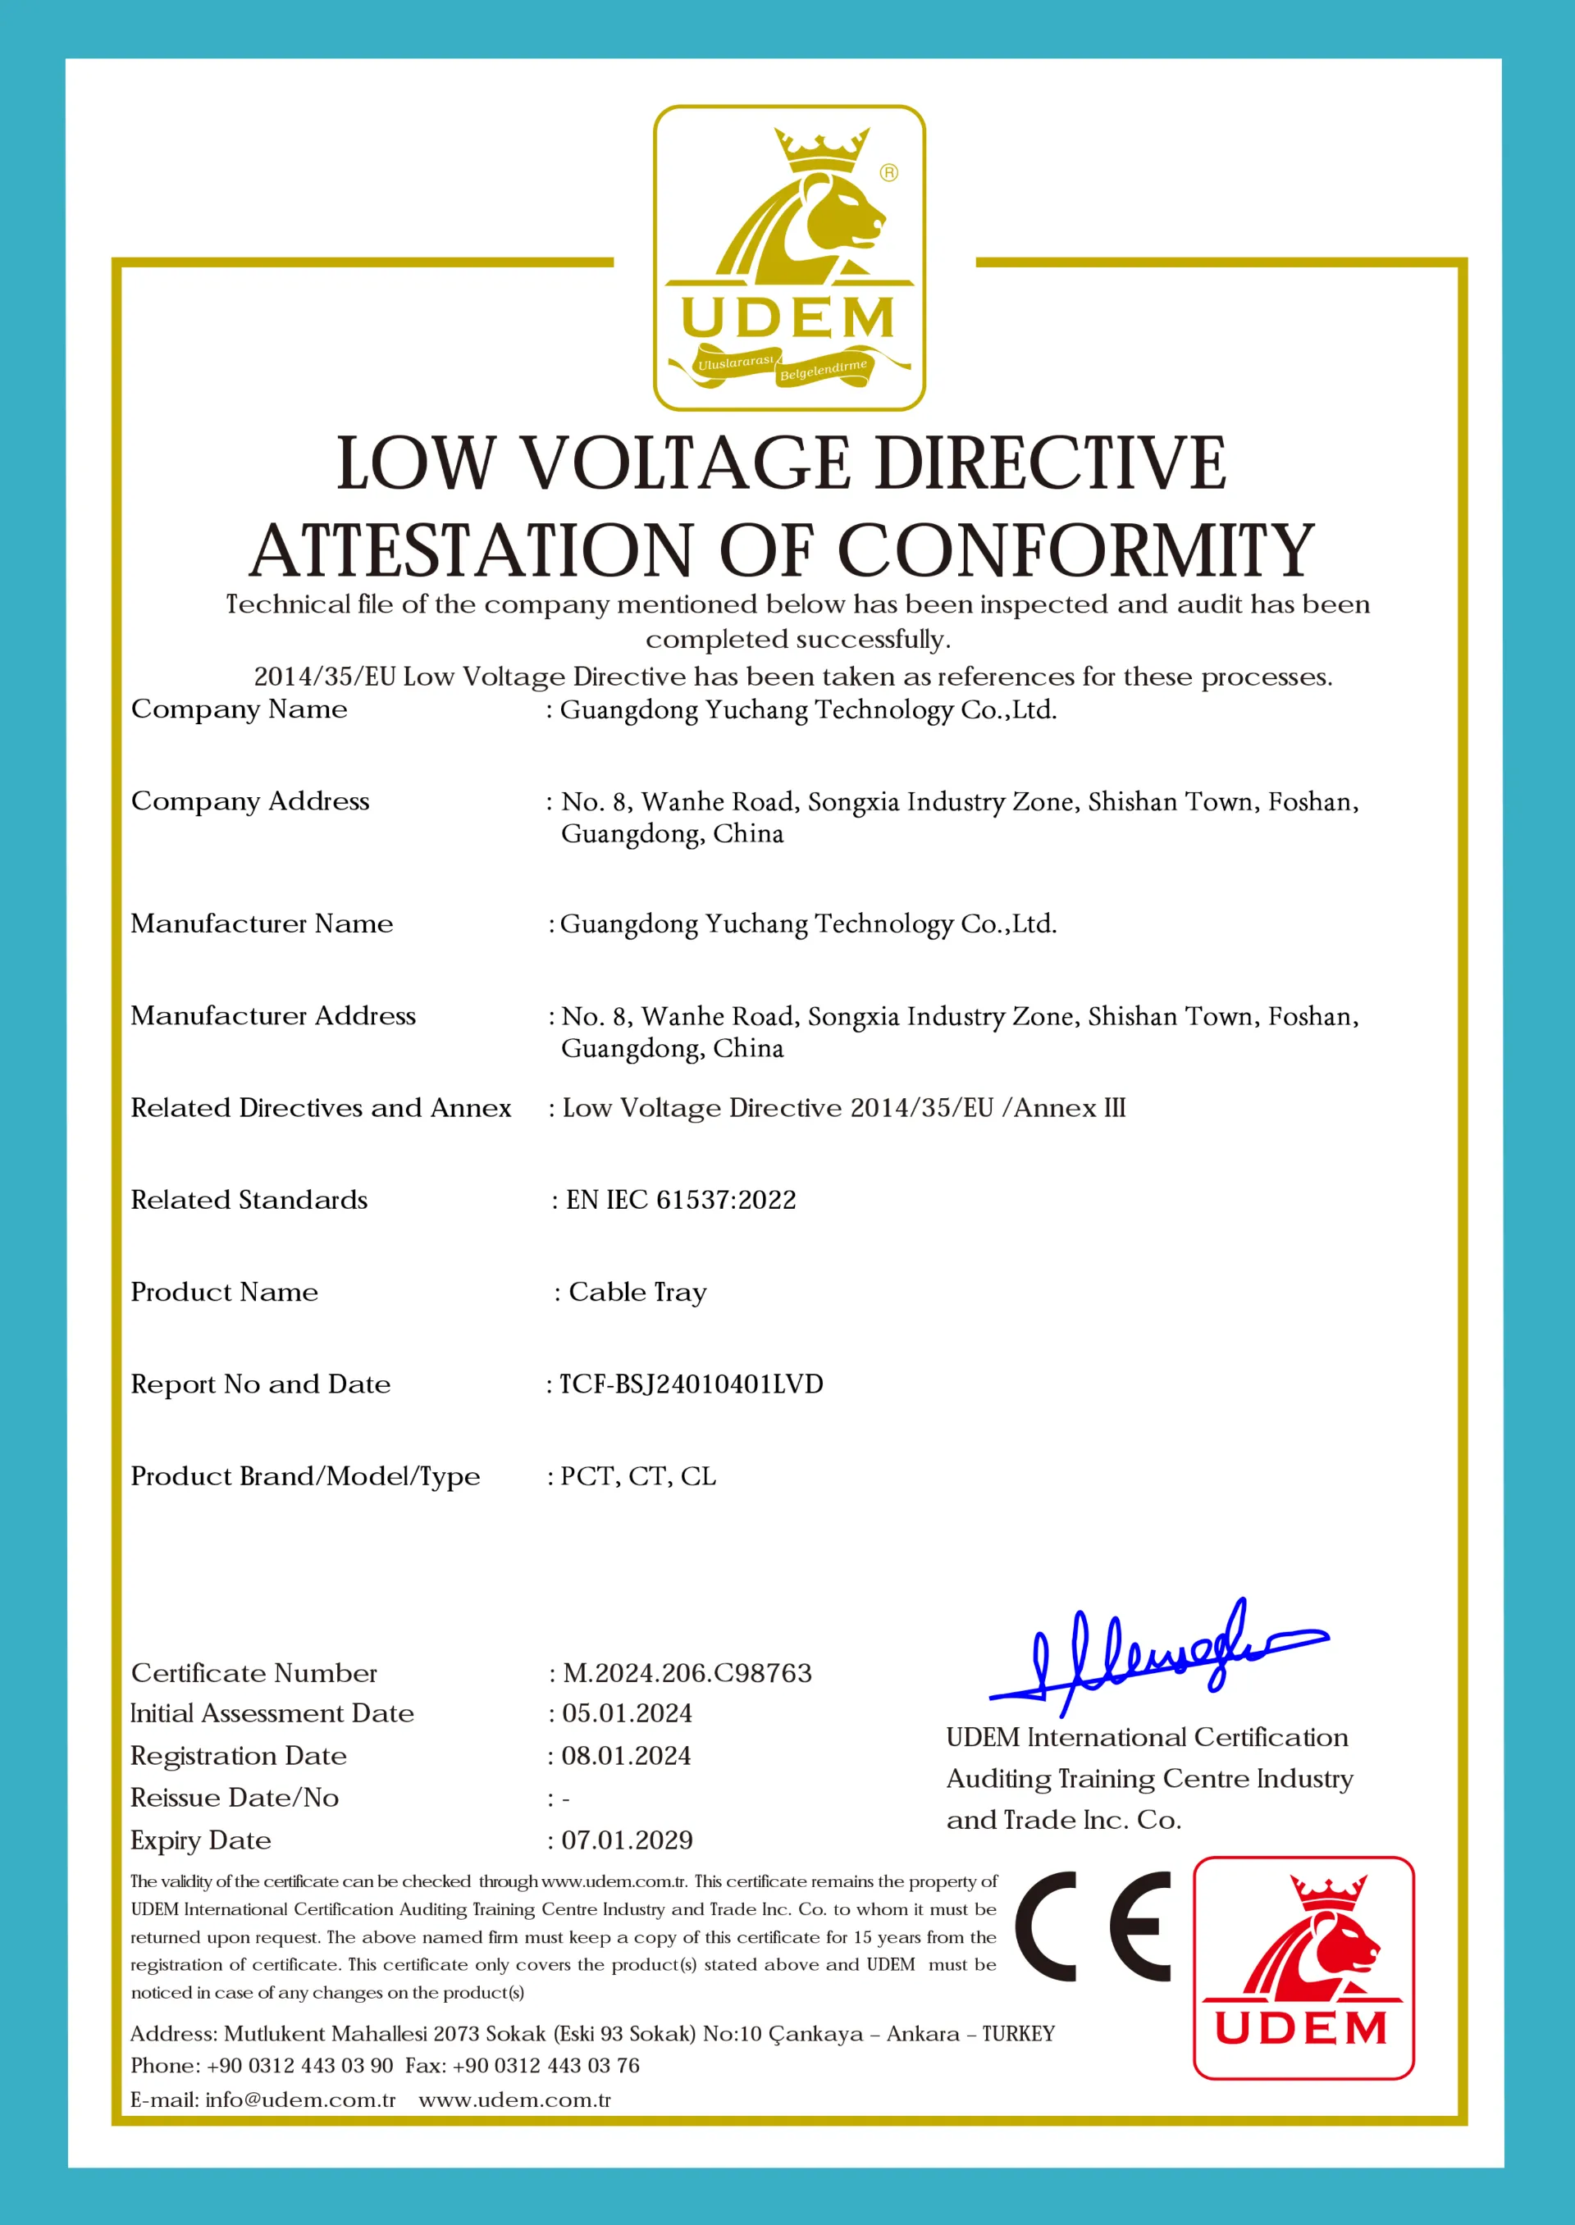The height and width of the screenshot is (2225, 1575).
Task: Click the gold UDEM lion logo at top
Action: pos(788,258)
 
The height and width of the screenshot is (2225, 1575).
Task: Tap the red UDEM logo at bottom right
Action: pos(1303,1968)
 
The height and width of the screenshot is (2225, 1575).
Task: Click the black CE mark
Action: pos(1093,1926)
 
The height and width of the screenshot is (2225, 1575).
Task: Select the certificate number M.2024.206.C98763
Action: pos(687,1673)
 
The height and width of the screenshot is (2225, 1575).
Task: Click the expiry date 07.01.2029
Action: pos(627,1840)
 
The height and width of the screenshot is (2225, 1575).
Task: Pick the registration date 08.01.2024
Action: pos(626,1756)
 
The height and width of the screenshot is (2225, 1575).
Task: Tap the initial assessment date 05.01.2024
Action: pos(627,1713)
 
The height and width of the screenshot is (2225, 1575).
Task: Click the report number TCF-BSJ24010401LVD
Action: pos(691,1384)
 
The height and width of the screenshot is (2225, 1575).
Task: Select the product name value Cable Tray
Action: pos(637,1293)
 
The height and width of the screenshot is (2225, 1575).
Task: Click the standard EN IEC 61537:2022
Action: pos(681,1200)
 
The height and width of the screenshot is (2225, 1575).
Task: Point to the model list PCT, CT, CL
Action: pos(638,1475)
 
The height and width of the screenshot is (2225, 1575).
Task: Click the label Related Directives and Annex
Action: pos(321,1108)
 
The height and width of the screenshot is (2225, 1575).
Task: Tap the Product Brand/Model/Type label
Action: pos(305,1476)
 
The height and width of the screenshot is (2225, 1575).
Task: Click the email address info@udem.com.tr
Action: pos(301,2100)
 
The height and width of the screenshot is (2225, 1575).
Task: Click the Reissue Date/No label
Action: pos(235,1799)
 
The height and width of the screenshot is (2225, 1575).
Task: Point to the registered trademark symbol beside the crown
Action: pos(888,172)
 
